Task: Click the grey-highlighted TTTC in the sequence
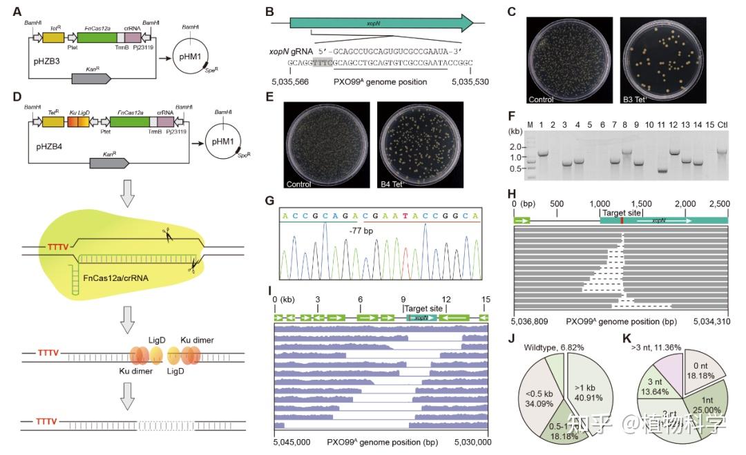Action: (322, 62)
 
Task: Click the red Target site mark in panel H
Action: (622, 220)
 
